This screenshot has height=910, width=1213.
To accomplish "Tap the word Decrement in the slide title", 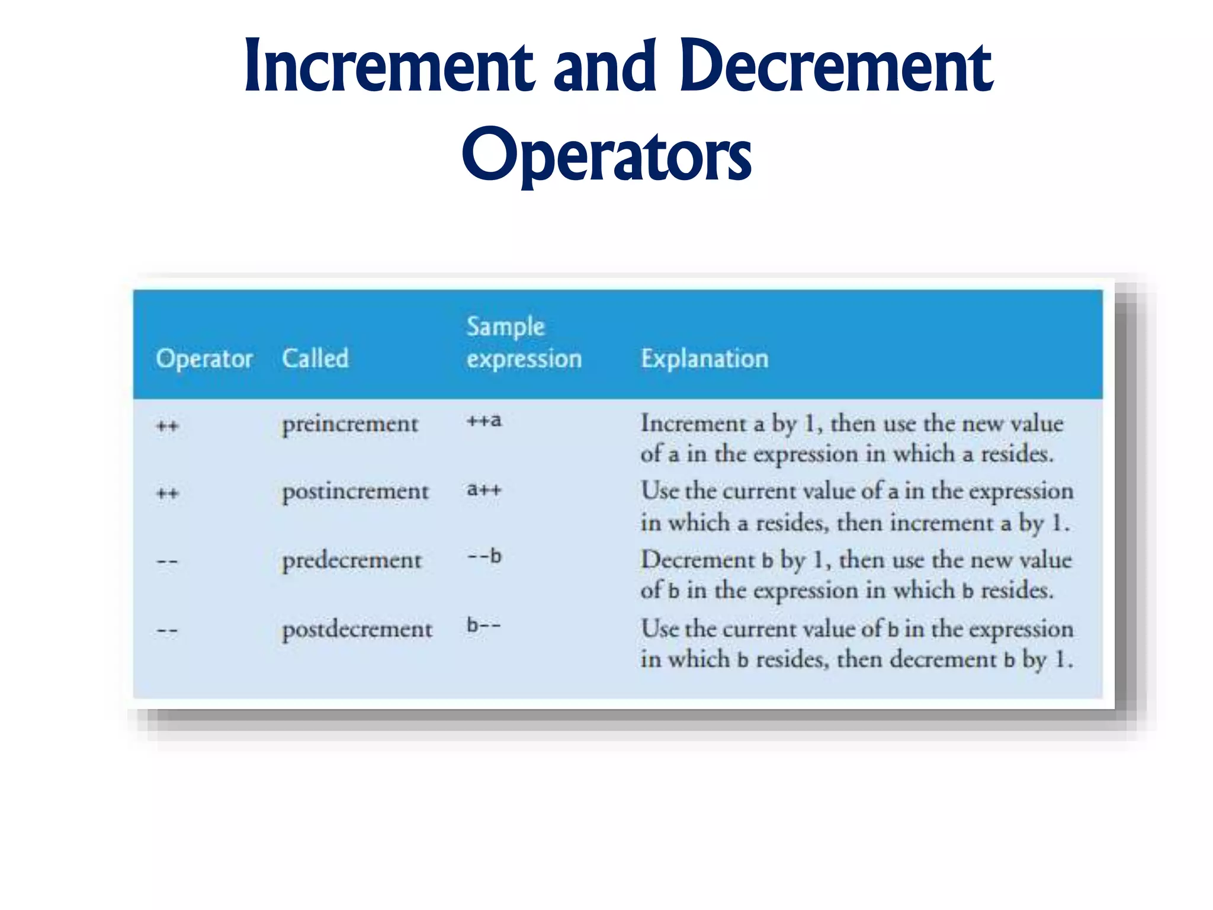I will tap(836, 66).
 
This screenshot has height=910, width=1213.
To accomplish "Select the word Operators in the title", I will tap(606, 155).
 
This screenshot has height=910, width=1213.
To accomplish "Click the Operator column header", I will tap(204, 359).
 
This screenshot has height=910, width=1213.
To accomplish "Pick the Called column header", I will tap(315, 359).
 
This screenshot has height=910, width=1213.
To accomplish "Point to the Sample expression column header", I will tap(524, 343).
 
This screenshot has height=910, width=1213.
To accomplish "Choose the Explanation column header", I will tap(704, 359).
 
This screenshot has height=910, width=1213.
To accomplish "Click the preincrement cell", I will tap(350, 424).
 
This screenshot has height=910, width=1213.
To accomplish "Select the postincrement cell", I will tap(355, 492).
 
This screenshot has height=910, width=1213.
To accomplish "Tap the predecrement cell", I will tap(352, 560).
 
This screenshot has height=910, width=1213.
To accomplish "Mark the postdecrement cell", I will tap(357, 629).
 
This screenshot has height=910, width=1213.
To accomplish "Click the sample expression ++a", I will tap(484, 421).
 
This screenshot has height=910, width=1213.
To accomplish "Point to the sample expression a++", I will tap(484, 490).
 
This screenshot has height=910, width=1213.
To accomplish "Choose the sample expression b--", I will tap(483, 626).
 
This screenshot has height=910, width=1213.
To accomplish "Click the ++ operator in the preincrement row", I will tap(168, 427).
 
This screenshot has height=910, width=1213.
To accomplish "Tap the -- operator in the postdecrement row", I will tap(167, 631).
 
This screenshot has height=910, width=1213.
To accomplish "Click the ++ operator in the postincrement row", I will tap(168, 494).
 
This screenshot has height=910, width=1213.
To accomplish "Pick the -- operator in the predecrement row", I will tap(167, 562).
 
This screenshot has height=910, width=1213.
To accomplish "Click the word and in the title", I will tap(605, 66).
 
